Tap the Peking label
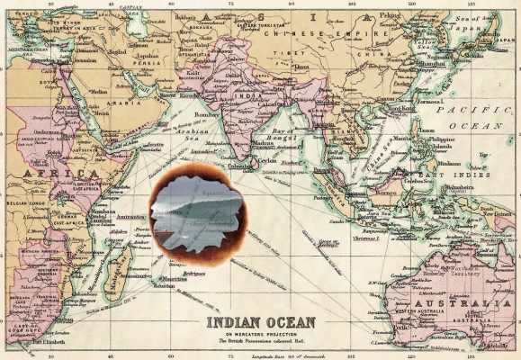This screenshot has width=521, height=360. (390, 15)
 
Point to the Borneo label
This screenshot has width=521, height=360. (387, 192)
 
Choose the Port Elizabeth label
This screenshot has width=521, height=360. (50, 342)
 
